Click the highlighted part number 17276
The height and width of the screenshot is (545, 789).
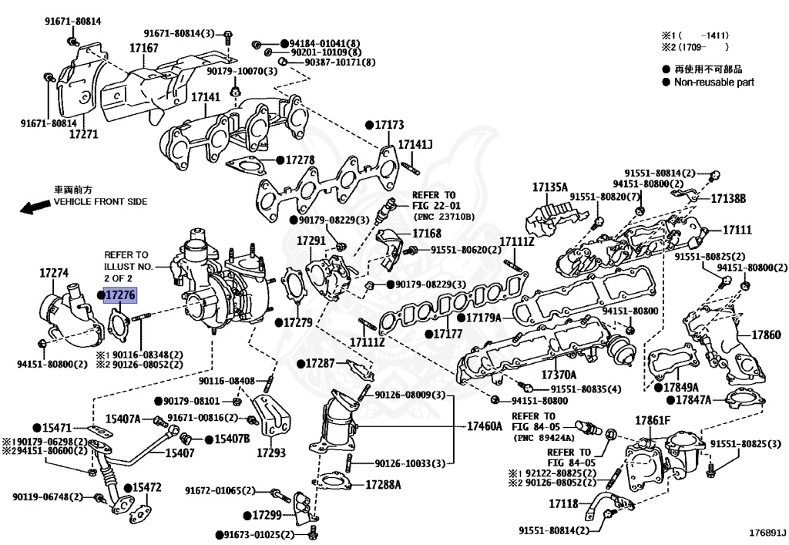pos(120,294)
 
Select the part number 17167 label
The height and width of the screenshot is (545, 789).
pos(143,48)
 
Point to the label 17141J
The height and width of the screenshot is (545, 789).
pos(415,144)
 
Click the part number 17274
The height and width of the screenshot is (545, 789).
pos(55,272)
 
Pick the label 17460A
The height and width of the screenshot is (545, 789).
pos(485,426)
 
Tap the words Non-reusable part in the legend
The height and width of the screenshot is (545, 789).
pos(713,82)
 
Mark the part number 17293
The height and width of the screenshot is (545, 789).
pos(271,453)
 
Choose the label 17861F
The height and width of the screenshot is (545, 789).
pos(653,420)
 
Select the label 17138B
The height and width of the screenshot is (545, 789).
pos(728,198)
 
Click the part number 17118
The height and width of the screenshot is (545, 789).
pos(563,503)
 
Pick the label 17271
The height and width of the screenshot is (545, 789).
pos(83,133)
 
